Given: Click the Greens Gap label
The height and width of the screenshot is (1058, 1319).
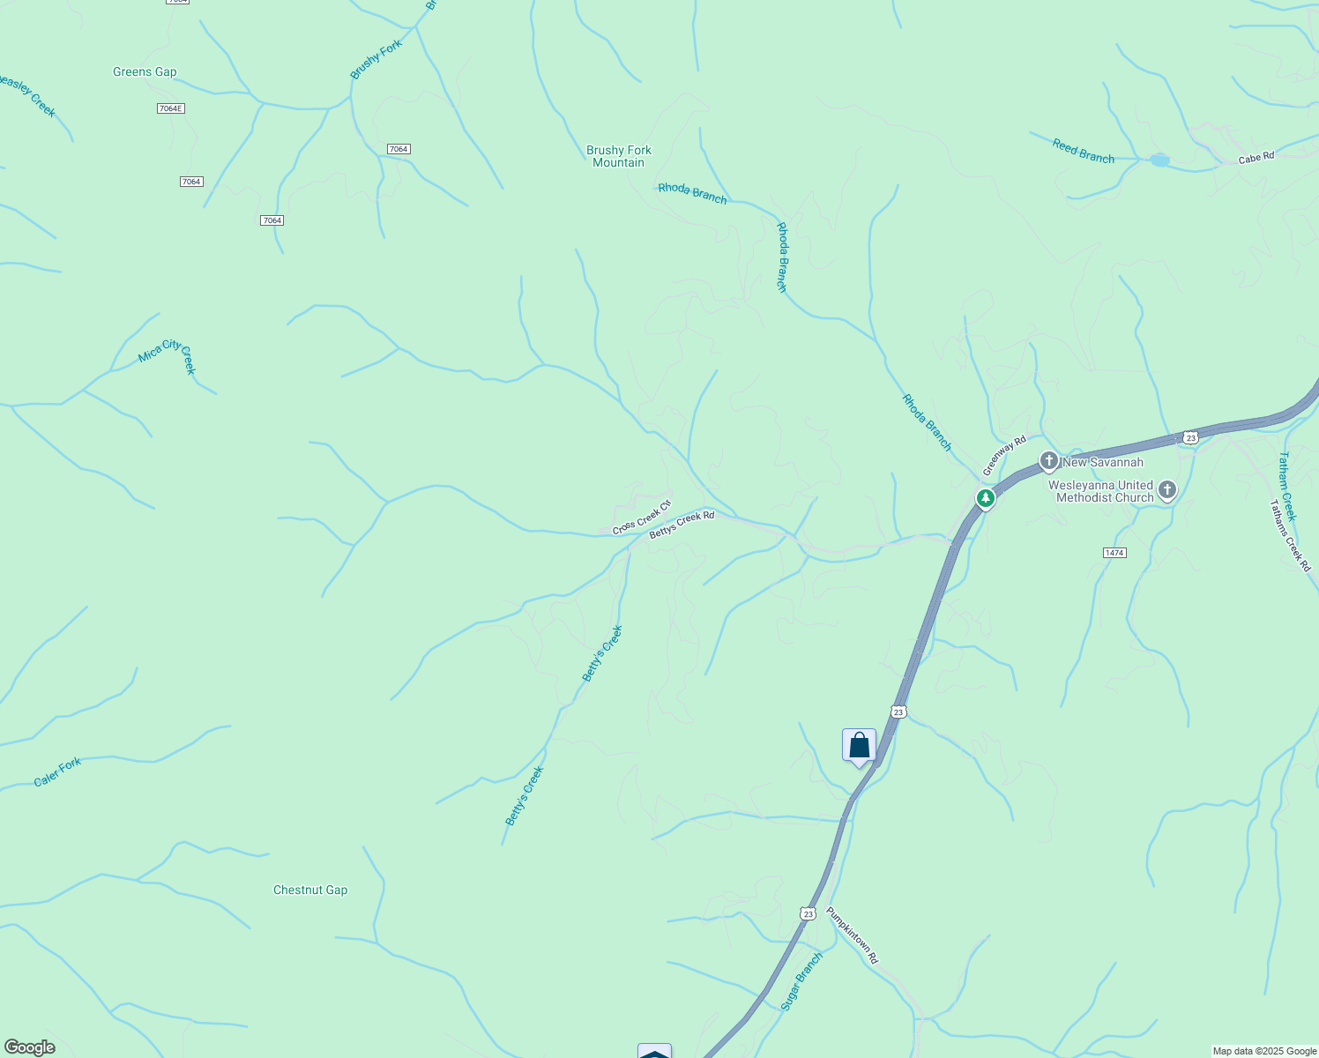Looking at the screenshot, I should coord(145,72).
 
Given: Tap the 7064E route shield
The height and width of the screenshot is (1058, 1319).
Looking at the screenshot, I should coord(171,108).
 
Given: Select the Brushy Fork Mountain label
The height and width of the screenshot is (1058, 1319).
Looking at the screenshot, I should coord(618,156).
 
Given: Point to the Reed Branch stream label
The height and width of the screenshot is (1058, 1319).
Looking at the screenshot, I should coord(1083,151).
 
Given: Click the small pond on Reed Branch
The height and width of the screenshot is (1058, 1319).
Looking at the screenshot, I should coord(1159,160).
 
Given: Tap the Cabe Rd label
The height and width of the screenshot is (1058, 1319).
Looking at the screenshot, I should coord(1256,158).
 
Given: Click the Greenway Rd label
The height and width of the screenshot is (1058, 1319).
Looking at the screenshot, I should coord(1005,455).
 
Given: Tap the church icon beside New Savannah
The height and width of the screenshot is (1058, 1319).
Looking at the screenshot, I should coord(1048,461).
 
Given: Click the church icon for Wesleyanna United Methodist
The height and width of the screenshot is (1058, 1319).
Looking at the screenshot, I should coord(1167,491).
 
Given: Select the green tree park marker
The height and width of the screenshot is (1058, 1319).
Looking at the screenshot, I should coord(986,499).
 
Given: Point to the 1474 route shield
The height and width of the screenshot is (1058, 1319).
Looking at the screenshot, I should coord(1114,553).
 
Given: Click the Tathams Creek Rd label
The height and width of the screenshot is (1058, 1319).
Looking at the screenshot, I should coord(1290,536).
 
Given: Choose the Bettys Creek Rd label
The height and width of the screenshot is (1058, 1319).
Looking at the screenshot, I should coord(682,525).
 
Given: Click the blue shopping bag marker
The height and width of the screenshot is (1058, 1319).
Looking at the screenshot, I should coord(859,746).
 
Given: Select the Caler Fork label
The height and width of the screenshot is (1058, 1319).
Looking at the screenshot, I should coord(57,772).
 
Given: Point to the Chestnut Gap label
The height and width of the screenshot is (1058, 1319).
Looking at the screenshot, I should coord(310,890).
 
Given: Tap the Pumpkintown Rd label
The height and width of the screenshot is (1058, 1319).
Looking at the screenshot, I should coord(853,935).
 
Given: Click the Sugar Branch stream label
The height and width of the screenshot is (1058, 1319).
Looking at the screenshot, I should coord(801,981).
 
